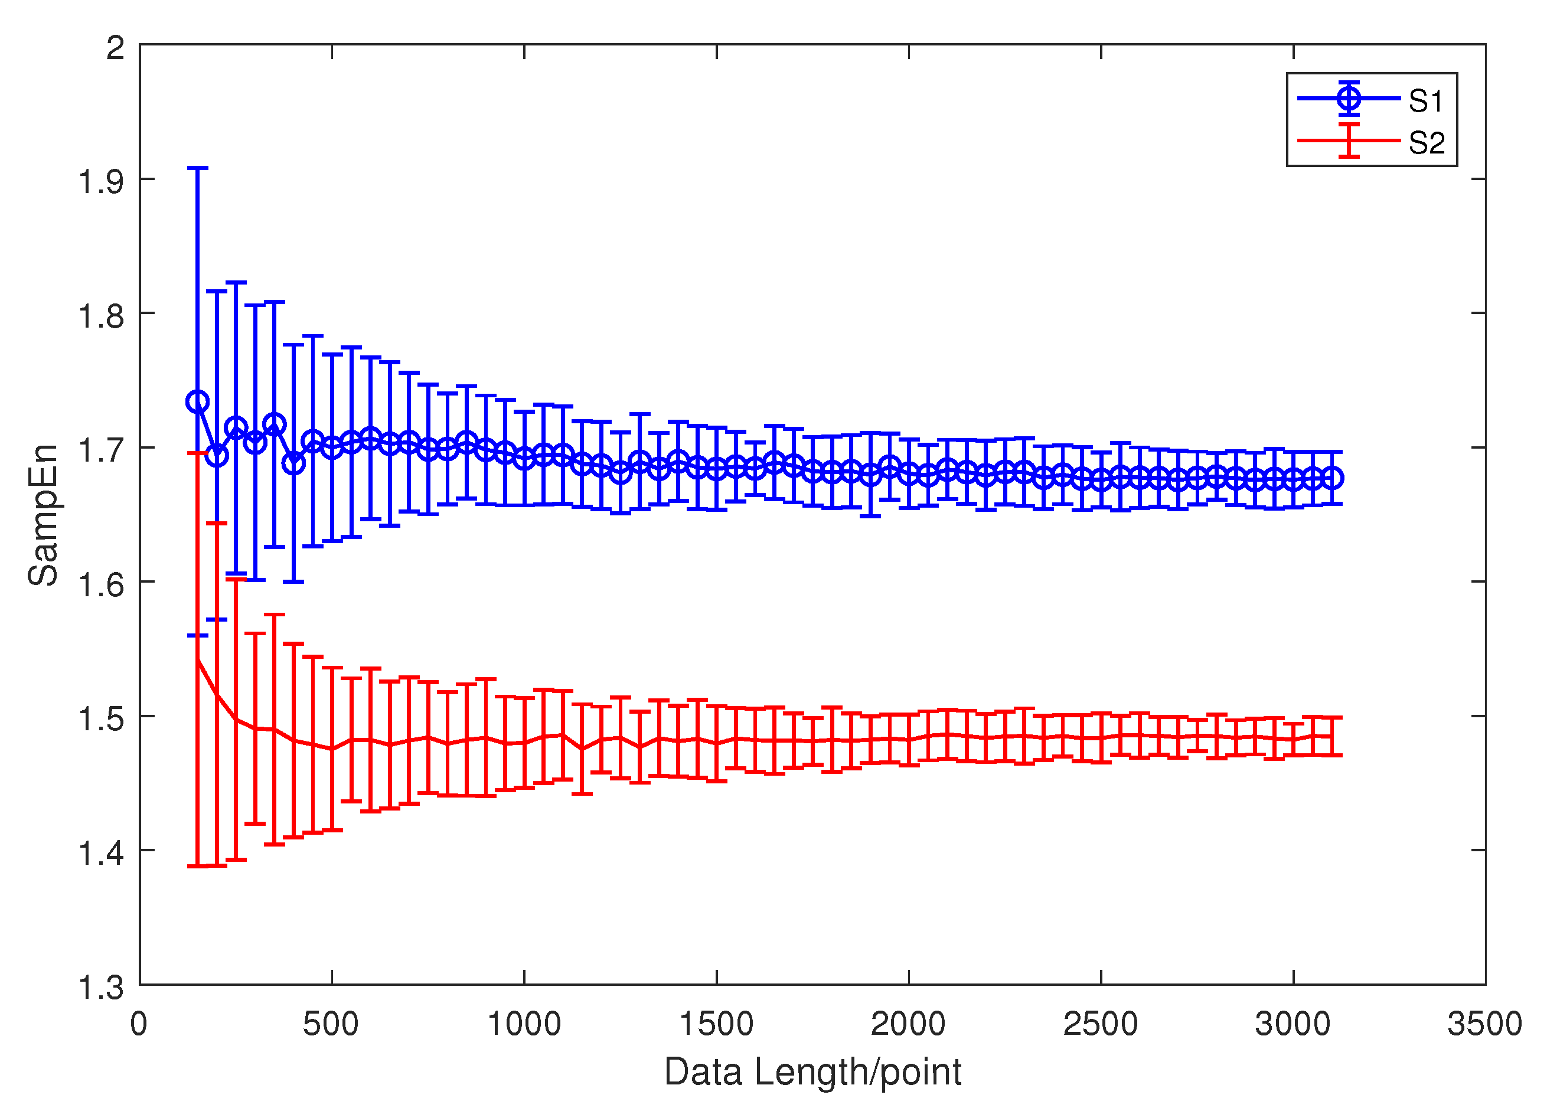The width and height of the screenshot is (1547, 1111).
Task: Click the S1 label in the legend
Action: pyautogui.click(x=1425, y=101)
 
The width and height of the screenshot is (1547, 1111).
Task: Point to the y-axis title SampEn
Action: pyautogui.click(x=43, y=515)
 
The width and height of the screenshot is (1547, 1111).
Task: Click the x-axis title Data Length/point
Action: pyautogui.click(x=812, y=1071)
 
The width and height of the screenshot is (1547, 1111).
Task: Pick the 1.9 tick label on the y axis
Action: pyautogui.click(x=102, y=182)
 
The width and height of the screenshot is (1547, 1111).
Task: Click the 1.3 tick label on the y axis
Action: pyautogui.click(x=102, y=988)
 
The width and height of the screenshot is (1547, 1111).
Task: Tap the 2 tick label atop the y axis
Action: pyautogui.click(x=115, y=48)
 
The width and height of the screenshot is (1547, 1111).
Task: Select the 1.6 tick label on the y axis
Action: pyautogui.click(x=102, y=585)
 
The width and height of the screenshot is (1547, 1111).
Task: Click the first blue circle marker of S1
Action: pyautogui.click(x=197, y=401)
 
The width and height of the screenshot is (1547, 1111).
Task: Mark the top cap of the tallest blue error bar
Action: pyautogui.click(x=197, y=168)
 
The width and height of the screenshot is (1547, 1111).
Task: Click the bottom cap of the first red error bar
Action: pyautogui.click(x=197, y=866)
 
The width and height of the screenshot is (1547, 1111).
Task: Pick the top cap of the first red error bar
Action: pyautogui.click(x=197, y=453)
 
